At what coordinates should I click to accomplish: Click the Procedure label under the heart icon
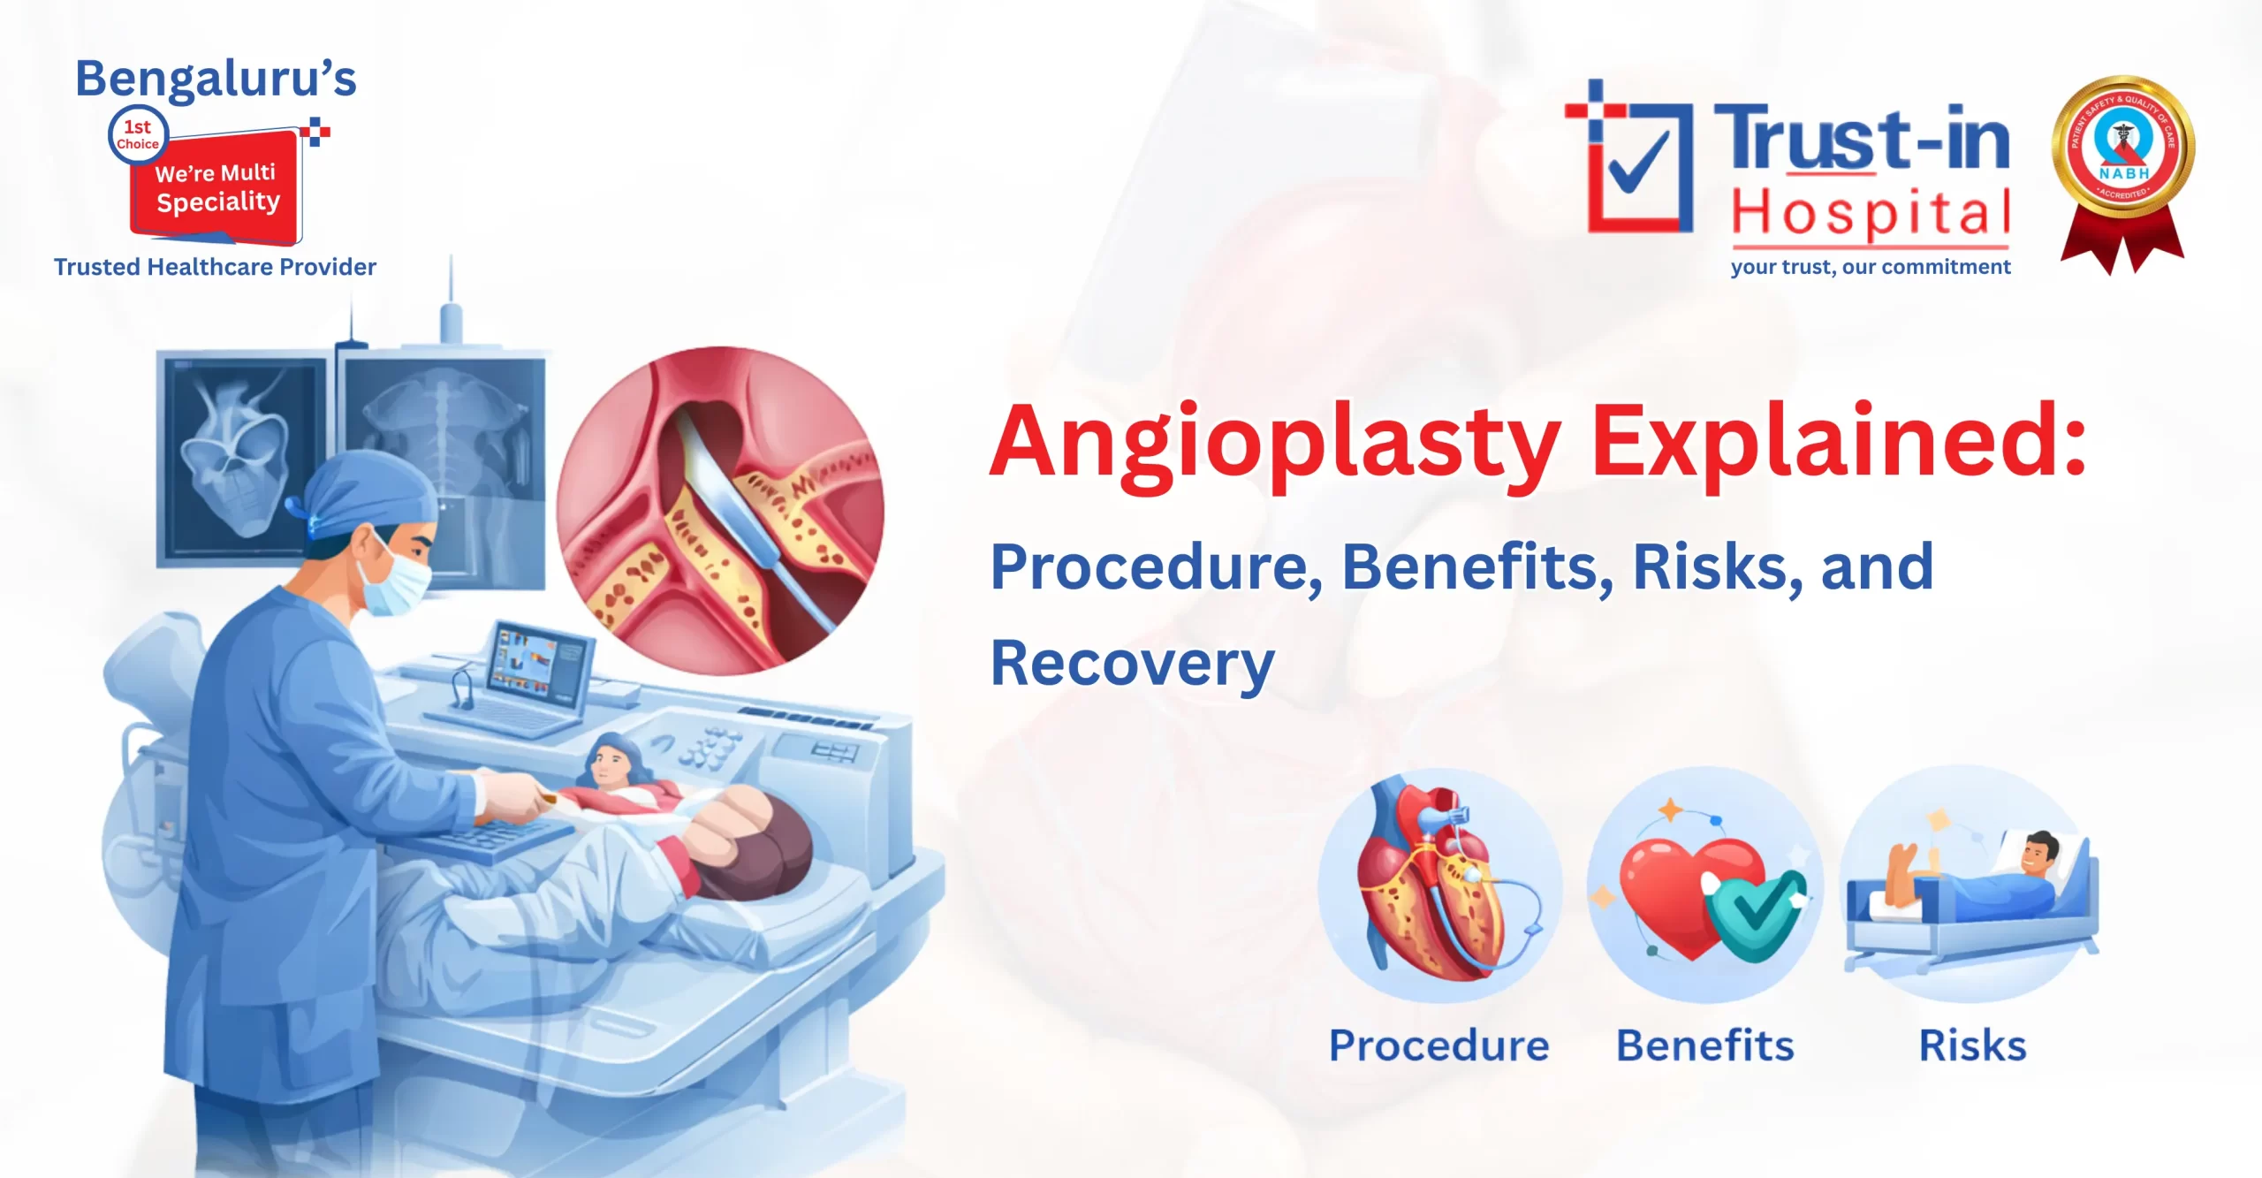1438,1045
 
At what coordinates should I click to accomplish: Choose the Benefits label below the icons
1704,1045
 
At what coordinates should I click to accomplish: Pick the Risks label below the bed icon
1972,1045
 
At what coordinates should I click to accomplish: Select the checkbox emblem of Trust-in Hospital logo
1635,159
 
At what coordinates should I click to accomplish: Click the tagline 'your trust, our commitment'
1870,267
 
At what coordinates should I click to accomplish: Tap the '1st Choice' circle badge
138,135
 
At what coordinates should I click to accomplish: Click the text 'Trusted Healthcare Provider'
215,267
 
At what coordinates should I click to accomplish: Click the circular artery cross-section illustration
720,511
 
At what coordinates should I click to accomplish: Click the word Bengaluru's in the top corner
216,79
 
